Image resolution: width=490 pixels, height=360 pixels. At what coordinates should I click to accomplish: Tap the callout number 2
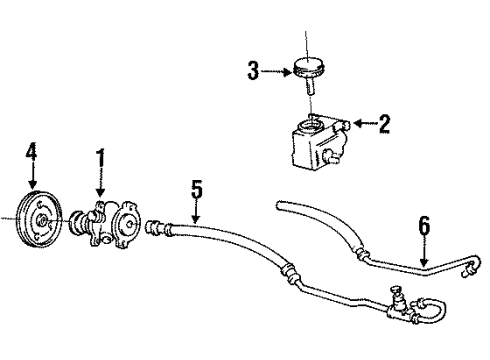tap(384, 124)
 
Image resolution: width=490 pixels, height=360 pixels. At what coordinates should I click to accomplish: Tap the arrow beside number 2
tap(363, 124)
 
